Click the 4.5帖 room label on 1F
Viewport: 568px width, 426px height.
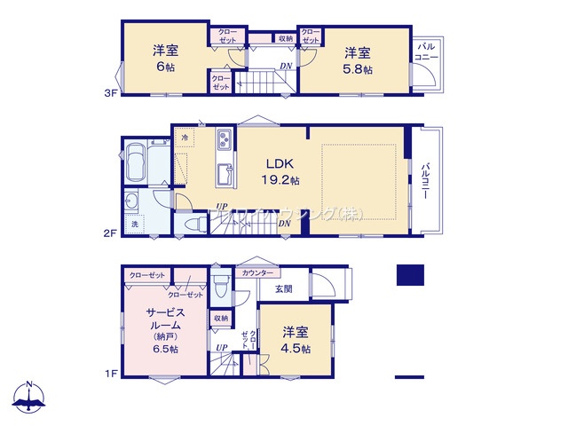(296, 341)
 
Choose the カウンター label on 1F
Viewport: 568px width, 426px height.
(257, 273)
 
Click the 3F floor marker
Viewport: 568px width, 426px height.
(109, 91)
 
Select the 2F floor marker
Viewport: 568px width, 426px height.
(109, 233)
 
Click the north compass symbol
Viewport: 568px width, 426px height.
(30, 398)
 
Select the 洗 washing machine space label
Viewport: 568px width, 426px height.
(135, 224)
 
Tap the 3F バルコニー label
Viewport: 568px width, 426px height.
(424, 52)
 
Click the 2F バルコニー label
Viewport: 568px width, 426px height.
(427, 181)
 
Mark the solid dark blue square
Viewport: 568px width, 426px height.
(411, 275)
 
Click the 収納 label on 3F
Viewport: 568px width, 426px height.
(285, 39)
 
